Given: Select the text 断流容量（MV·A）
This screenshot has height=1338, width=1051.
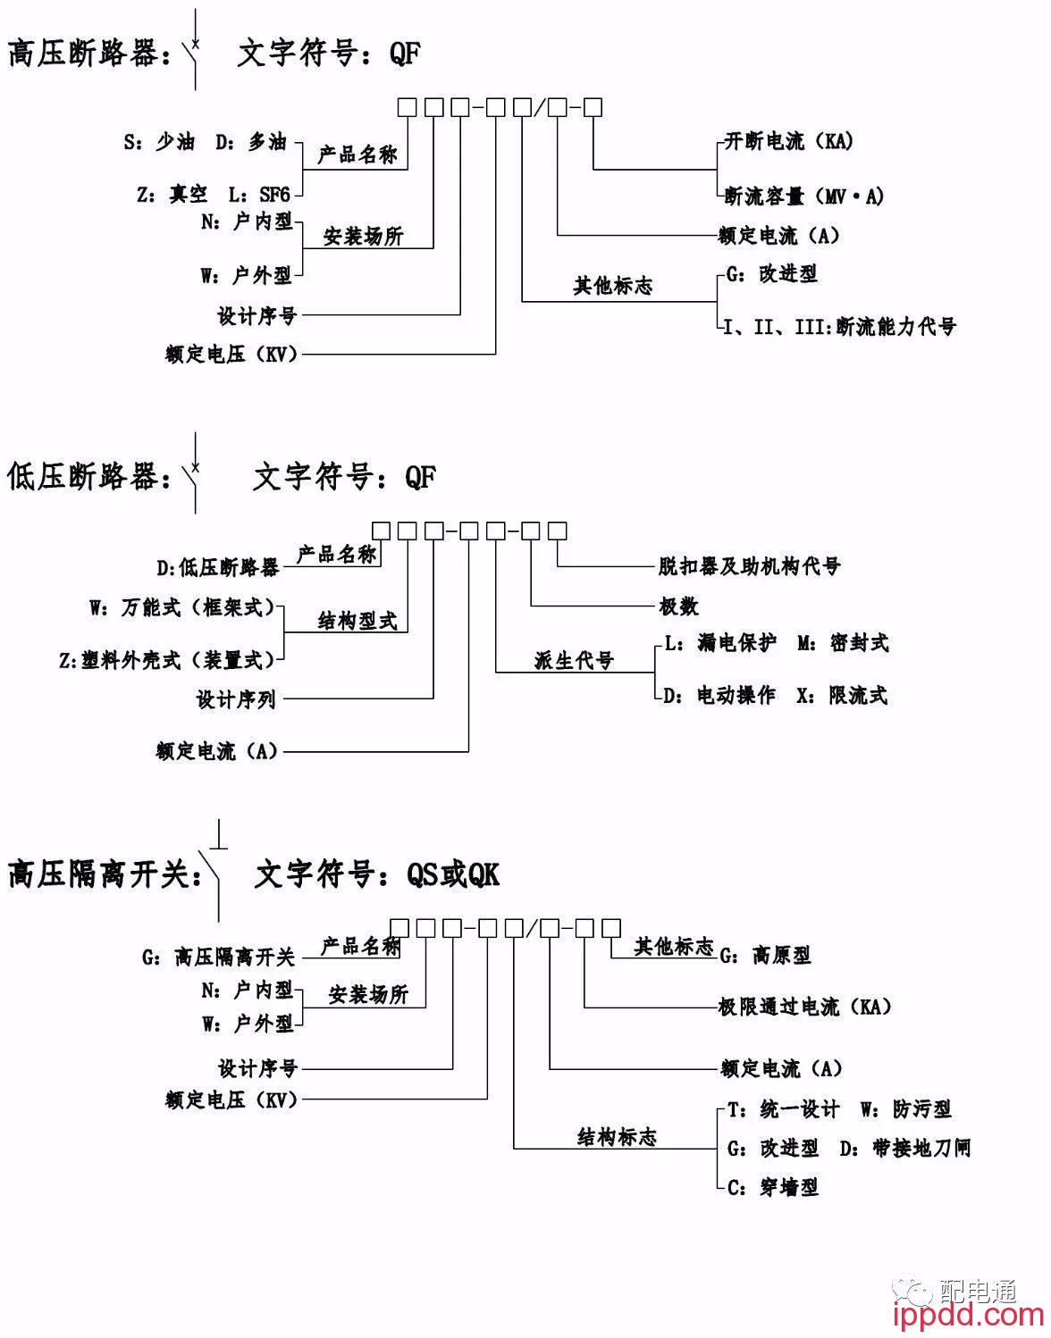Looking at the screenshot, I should [x=803, y=196].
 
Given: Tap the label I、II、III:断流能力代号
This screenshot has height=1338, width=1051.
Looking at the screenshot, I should [x=839, y=327].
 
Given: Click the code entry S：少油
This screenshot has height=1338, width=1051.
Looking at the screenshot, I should [x=159, y=142].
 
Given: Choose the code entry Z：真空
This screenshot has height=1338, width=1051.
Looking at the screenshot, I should [x=172, y=194].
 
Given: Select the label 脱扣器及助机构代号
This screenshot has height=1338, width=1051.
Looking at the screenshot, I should [x=749, y=566].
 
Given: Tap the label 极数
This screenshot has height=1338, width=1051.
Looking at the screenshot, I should [x=678, y=606].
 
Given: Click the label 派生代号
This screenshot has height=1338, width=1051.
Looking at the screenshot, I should [x=574, y=661].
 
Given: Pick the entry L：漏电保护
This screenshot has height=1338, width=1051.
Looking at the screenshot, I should [x=720, y=643].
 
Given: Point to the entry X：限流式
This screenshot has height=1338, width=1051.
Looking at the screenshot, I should [x=842, y=695].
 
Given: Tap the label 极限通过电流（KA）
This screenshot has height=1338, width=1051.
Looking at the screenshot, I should [x=805, y=1008].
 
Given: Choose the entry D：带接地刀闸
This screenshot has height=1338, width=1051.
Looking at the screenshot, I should [x=904, y=1149].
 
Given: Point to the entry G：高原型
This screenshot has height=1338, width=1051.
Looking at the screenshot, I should [x=766, y=956].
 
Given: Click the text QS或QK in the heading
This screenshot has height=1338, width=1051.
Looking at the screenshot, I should [x=453, y=874].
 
